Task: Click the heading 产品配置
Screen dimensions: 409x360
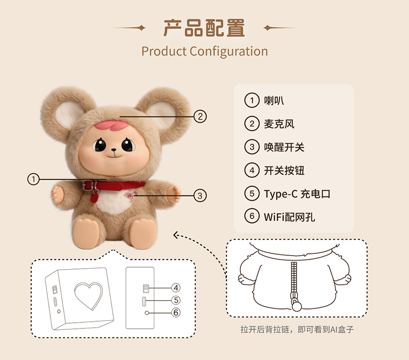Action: coord(204,28)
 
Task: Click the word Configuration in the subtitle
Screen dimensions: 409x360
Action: coord(229,51)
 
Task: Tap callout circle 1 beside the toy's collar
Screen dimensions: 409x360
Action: coord(33,179)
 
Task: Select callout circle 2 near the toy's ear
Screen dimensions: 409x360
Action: coord(200,116)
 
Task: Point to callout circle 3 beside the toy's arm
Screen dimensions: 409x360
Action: coord(200,196)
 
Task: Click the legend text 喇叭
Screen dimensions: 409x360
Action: coord(274,100)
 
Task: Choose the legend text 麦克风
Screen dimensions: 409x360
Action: coord(279,124)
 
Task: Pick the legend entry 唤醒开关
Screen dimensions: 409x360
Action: coord(284,147)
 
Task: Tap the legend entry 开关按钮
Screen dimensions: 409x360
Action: coord(284,171)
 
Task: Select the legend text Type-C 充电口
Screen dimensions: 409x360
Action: coord(297,194)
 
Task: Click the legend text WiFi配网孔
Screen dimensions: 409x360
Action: coord(289,217)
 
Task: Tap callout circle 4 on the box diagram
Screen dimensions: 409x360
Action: coord(176,288)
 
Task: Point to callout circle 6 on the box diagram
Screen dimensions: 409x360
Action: coord(176,313)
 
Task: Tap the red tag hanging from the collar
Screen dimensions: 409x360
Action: coord(94,197)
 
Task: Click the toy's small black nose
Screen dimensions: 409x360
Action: coord(114,150)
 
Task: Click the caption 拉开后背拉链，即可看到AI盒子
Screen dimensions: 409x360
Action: coord(297,329)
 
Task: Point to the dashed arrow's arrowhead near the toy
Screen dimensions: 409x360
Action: coord(176,235)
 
